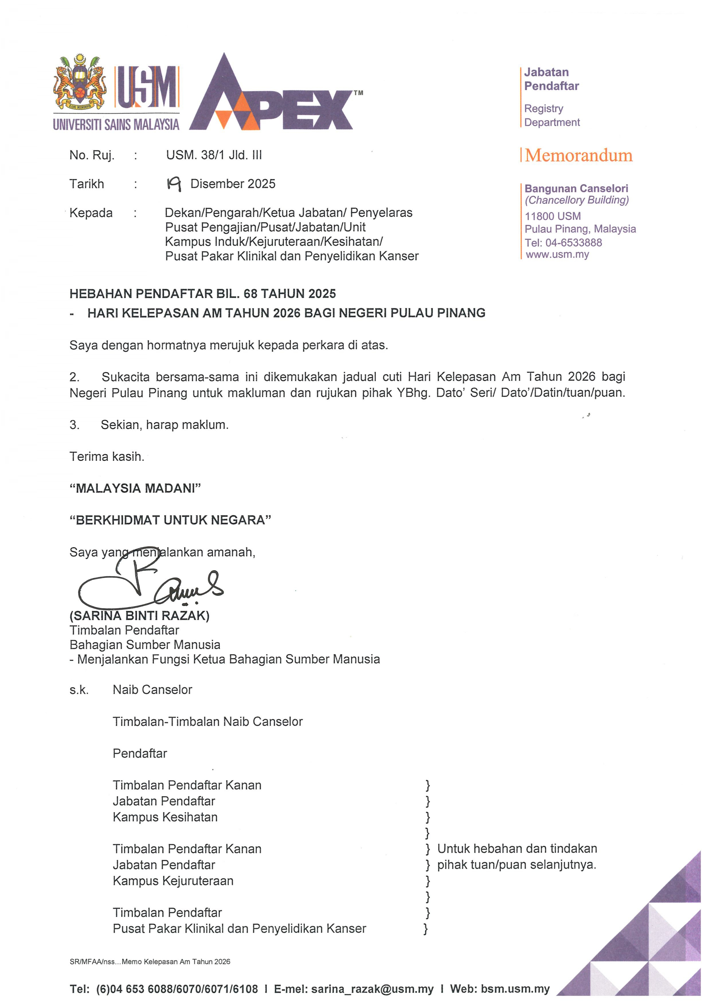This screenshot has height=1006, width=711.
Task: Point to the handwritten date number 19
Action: (174, 184)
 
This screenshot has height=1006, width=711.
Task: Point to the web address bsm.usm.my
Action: (515, 989)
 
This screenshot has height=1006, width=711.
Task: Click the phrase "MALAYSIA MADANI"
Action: (135, 489)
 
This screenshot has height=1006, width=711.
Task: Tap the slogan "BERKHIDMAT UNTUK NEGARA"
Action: (170, 520)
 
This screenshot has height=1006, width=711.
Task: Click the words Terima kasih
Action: (106, 456)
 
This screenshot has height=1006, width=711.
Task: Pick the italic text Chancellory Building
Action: (577, 200)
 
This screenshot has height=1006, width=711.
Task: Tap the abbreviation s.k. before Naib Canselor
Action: (79, 690)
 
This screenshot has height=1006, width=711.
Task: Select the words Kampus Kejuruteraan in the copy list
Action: (173, 881)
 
